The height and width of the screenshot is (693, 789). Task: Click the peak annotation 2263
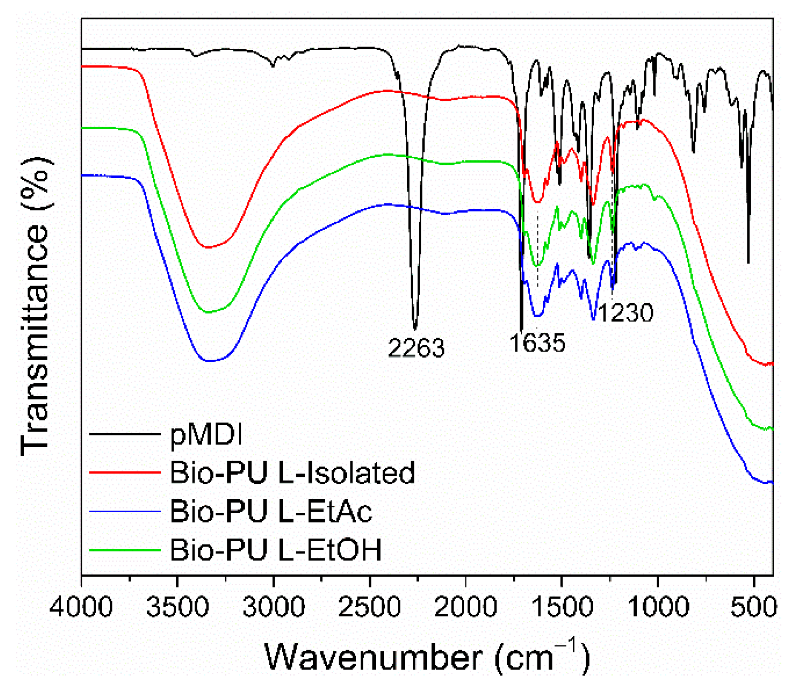click(416, 348)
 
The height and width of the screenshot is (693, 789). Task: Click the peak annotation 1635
click(537, 343)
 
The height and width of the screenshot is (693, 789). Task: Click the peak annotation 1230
click(625, 313)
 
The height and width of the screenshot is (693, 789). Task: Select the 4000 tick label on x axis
click(81, 607)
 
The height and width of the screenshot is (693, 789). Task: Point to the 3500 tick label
click(177, 607)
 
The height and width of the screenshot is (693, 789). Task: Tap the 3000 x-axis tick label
click(273, 607)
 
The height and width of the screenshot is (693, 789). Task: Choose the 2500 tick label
click(369, 607)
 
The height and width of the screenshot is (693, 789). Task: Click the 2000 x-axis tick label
click(466, 607)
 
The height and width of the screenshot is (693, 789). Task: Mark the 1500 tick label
click(562, 607)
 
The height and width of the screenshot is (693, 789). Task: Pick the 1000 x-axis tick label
click(658, 607)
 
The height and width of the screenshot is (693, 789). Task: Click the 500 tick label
click(754, 607)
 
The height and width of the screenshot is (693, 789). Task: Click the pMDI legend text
click(206, 435)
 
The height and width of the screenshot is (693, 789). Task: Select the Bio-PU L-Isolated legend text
click(292, 472)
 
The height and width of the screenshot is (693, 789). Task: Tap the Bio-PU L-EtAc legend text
click(271, 511)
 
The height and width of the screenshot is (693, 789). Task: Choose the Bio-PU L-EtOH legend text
click(275, 550)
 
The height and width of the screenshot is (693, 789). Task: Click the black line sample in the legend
click(125, 434)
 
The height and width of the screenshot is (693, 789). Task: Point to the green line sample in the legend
click(125, 550)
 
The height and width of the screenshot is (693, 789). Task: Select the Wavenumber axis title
click(427, 657)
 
